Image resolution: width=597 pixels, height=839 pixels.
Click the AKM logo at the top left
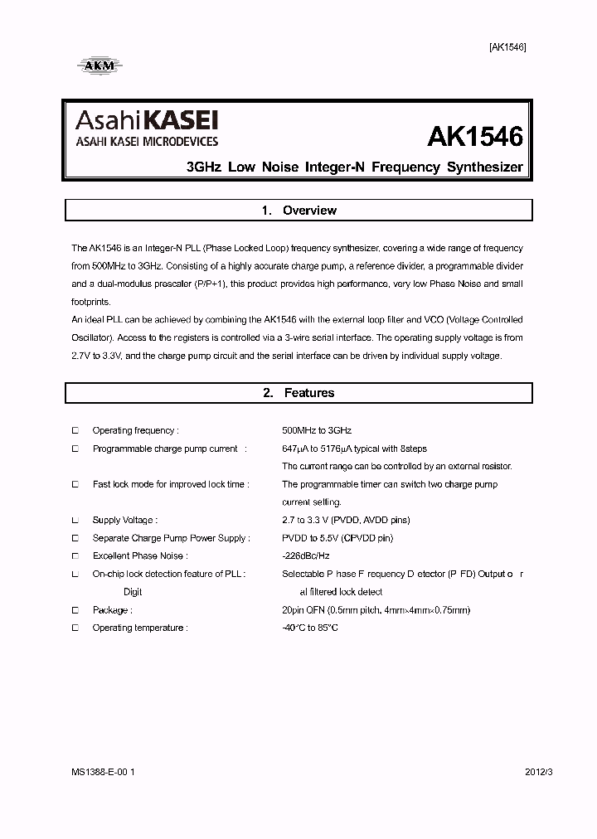(x=98, y=64)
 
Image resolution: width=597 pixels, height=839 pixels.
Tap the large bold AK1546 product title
(x=475, y=136)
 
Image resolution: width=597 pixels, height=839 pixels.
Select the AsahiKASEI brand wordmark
(x=148, y=121)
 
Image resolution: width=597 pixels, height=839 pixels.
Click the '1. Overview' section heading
(x=298, y=211)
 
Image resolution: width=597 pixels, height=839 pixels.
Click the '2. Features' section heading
(x=298, y=393)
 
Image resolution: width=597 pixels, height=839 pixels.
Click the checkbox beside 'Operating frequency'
(x=75, y=430)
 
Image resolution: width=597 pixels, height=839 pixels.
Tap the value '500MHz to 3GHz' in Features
(x=317, y=431)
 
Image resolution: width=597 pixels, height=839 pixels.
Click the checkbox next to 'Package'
(x=75, y=610)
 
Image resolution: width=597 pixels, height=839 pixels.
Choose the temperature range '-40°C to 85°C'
(x=310, y=628)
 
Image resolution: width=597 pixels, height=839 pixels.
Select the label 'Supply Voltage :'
(x=124, y=521)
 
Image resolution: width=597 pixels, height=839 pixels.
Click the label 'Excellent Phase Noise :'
(x=139, y=556)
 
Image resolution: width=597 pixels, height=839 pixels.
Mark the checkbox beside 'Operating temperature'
(x=75, y=628)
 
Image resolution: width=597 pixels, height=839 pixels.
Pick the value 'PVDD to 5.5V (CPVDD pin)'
(x=337, y=538)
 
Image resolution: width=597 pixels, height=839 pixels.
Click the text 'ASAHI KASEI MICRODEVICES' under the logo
(x=147, y=142)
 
